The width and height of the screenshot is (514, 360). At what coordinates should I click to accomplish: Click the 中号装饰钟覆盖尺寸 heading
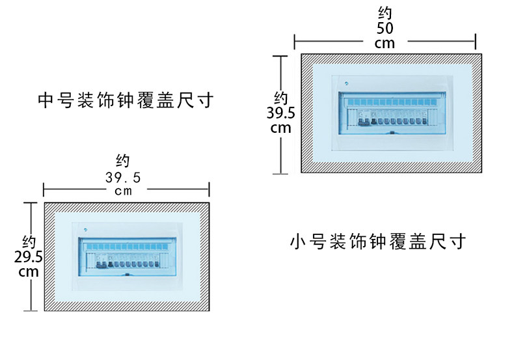click(x=126, y=100)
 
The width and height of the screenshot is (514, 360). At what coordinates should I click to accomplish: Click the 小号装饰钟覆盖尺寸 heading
click(x=377, y=242)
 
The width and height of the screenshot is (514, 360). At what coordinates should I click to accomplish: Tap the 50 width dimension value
click(x=385, y=28)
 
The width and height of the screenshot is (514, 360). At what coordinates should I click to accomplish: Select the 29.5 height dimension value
click(x=28, y=257)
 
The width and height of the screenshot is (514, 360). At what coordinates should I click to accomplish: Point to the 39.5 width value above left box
click(x=123, y=178)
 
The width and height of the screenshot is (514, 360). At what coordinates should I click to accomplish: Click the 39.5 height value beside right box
click(x=280, y=113)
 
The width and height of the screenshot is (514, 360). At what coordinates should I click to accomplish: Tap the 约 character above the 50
click(x=385, y=14)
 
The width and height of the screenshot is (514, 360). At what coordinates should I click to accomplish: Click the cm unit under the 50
click(x=385, y=44)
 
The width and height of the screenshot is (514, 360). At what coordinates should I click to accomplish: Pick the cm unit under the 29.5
click(x=29, y=272)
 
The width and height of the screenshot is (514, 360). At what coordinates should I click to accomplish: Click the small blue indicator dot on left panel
click(x=85, y=230)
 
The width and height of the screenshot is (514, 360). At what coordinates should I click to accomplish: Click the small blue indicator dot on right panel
click(x=346, y=83)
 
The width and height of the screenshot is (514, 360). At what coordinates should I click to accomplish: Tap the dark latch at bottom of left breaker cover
click(x=127, y=275)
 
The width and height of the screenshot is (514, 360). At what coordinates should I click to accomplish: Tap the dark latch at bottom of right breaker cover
click(x=392, y=133)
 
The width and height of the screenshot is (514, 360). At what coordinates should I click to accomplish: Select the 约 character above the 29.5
click(x=29, y=242)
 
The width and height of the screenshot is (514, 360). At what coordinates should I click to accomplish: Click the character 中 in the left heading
click(x=46, y=100)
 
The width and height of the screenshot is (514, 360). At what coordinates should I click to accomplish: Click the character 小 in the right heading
click(x=297, y=242)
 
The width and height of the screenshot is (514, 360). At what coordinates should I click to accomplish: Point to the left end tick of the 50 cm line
click(x=294, y=42)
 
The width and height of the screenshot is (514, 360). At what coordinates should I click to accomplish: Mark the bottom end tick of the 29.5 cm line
click(x=31, y=311)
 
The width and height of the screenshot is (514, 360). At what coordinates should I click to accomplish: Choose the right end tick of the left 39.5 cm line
click(x=209, y=189)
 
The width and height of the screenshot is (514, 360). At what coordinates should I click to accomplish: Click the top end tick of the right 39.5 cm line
click(x=280, y=56)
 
